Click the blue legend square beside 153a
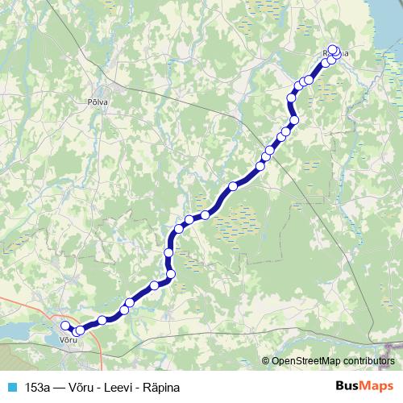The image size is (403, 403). [10, 387]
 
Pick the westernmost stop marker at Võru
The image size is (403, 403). [65, 326]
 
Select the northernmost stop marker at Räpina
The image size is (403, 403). [333, 48]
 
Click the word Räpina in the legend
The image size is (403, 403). [162, 387]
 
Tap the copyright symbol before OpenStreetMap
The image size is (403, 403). [265, 360]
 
